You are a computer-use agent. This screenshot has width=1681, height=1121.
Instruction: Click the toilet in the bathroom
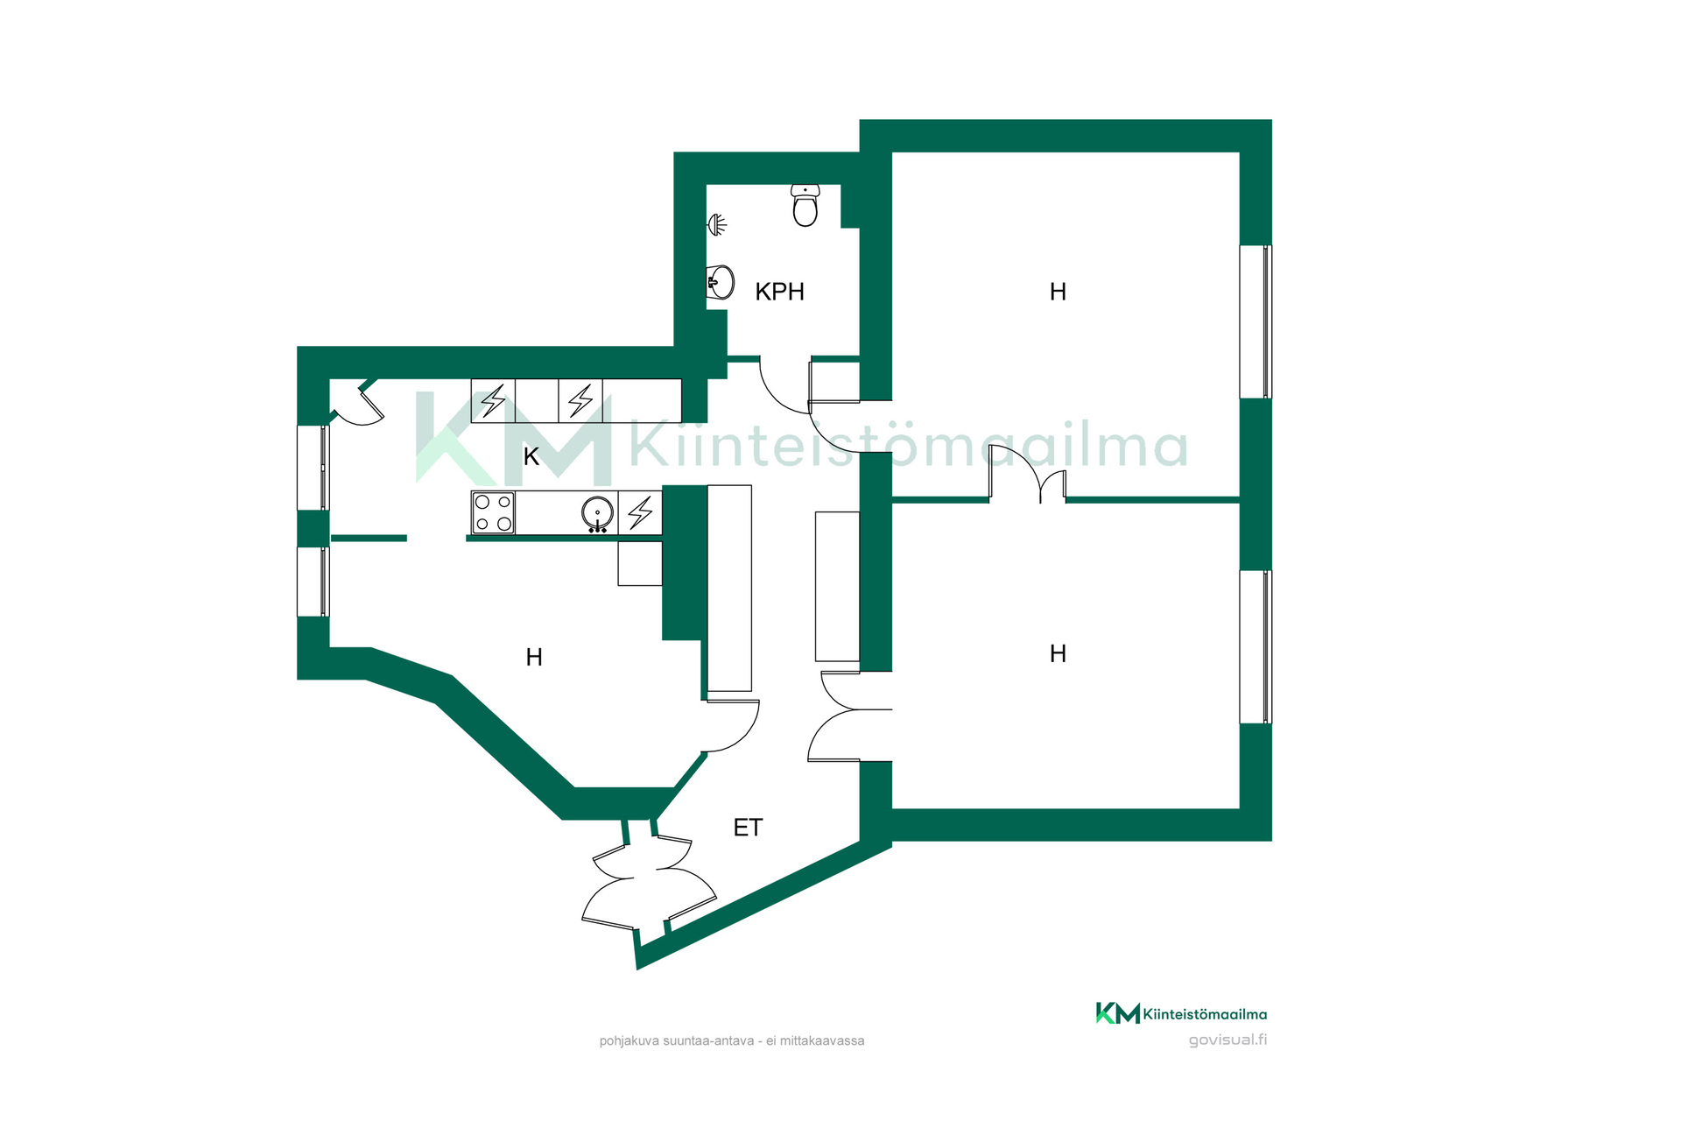click(805, 205)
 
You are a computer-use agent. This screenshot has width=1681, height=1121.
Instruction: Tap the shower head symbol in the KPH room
click(717, 225)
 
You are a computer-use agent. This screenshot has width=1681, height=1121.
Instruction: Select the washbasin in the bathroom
click(720, 282)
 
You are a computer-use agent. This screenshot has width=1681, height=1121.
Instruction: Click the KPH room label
click(779, 292)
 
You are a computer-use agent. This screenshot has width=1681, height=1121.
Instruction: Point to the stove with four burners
click(493, 512)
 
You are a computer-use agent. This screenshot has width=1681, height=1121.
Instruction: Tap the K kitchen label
click(531, 456)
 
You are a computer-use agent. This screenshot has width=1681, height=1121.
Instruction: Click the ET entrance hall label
click(748, 828)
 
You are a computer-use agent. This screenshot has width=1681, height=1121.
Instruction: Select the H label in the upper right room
click(1058, 292)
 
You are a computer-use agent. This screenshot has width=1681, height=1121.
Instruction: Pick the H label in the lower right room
click(1058, 653)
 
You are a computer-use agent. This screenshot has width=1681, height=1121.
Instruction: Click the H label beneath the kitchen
click(534, 657)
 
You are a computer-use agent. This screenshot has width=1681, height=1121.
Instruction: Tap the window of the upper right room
click(1255, 321)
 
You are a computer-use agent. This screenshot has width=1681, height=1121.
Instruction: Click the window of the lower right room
click(1255, 647)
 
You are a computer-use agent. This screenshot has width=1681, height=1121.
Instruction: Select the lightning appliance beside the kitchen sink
click(640, 512)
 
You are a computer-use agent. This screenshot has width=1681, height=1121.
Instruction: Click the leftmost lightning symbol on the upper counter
click(493, 401)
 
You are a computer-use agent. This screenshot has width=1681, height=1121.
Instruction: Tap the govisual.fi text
click(1227, 1040)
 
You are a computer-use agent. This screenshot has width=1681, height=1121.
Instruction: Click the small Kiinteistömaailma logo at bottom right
click(1181, 1013)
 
